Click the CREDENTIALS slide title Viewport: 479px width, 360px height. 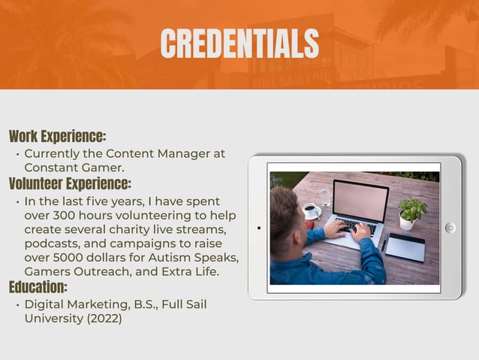(239, 43)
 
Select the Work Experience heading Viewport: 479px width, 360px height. (58, 137)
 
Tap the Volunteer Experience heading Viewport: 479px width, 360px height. (70, 183)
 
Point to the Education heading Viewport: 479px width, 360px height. (38, 287)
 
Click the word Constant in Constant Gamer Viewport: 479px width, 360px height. (50, 168)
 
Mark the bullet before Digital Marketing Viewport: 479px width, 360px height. (17, 305)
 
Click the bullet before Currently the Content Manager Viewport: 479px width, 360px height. (17, 154)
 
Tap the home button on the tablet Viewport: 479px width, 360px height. (450, 228)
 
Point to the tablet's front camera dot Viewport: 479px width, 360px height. (258, 227)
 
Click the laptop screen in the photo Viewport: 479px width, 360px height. (360, 200)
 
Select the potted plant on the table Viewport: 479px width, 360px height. (411, 211)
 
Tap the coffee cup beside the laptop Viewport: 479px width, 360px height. (309, 210)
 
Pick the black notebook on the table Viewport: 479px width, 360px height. (405, 247)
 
